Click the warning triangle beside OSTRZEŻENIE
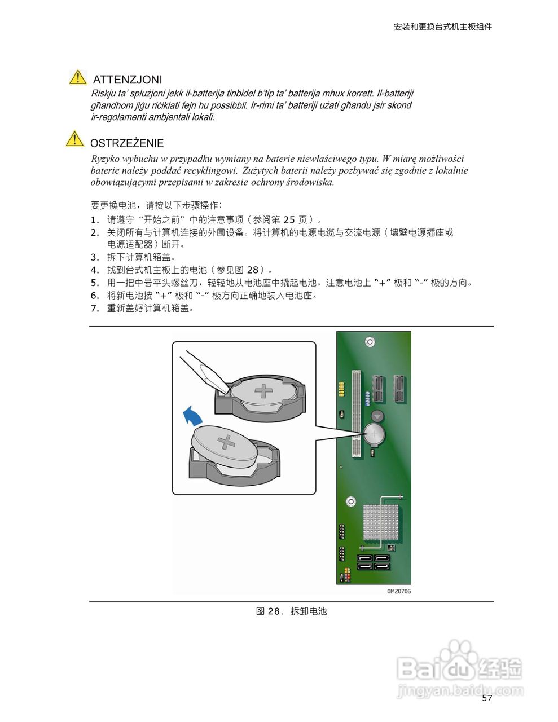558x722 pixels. (x=74, y=139)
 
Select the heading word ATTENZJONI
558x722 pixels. (x=127, y=80)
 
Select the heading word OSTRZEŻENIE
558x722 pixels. (x=127, y=143)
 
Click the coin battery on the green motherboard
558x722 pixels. (x=374, y=434)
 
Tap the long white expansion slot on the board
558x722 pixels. (x=356, y=413)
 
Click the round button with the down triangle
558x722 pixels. (x=377, y=416)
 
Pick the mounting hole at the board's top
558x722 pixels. (x=370, y=341)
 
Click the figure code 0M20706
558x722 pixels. (x=398, y=591)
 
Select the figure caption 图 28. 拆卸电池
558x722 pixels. (x=291, y=611)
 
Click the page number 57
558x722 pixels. (x=487, y=698)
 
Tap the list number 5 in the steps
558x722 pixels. (x=94, y=283)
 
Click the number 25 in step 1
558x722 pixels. (x=289, y=220)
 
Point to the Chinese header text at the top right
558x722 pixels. (x=442, y=27)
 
